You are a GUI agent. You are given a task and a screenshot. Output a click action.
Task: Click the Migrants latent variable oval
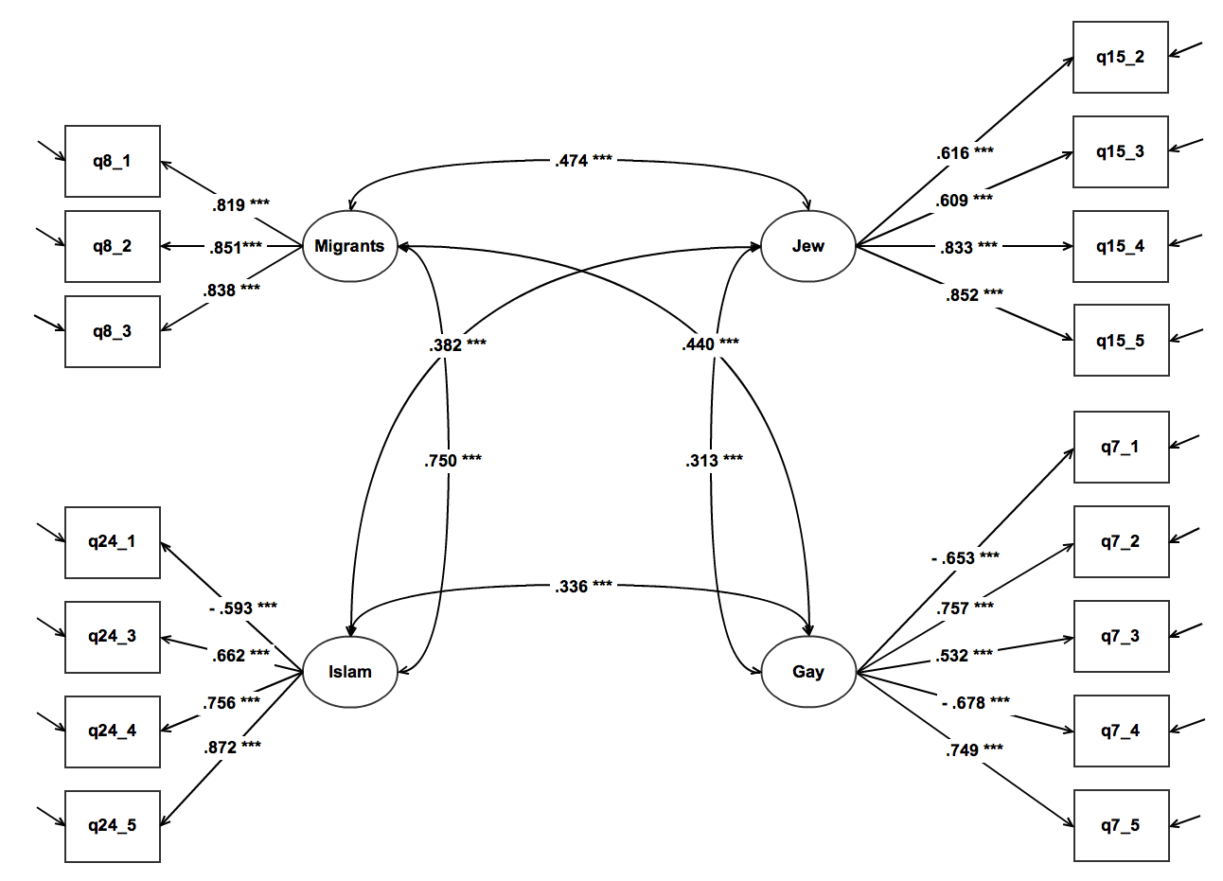point(349,246)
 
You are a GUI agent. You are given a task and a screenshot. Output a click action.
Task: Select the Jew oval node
point(807,246)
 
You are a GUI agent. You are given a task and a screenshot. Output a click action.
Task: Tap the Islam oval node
point(349,672)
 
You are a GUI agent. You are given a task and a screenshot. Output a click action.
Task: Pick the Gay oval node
point(807,672)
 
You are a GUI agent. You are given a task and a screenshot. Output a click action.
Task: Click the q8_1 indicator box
point(112,161)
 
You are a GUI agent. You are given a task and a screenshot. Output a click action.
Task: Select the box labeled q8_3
point(112,331)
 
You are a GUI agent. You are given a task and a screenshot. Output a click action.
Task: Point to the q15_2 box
point(1120,57)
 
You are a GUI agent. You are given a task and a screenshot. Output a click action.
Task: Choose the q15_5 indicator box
point(1120,341)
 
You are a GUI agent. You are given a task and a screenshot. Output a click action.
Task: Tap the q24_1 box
point(112,541)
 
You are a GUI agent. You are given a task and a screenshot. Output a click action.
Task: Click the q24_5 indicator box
point(112,825)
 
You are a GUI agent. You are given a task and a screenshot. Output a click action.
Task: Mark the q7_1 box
point(1120,447)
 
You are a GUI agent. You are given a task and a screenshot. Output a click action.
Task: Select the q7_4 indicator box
point(1120,731)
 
